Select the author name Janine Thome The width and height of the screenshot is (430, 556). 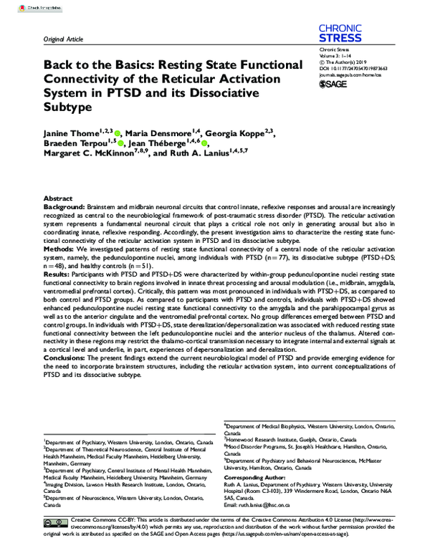pos(69,133)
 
